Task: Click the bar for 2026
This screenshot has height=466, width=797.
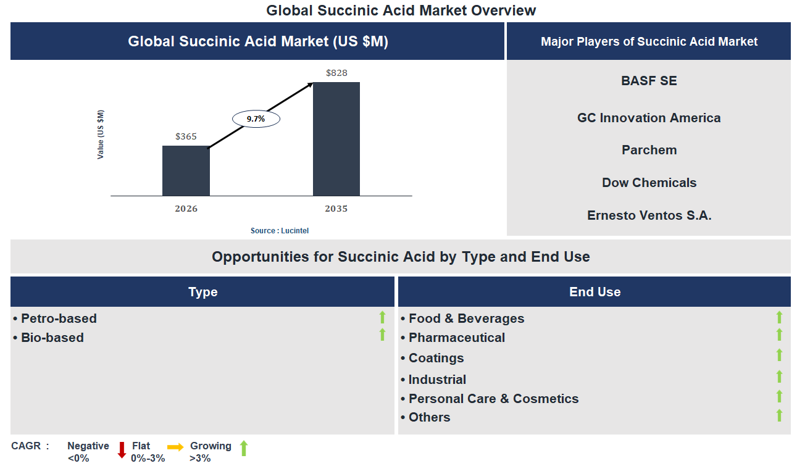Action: tap(186, 170)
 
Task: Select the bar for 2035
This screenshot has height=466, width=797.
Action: tap(336, 139)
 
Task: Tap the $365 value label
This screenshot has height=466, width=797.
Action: tap(186, 136)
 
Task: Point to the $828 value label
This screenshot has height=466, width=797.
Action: tap(336, 73)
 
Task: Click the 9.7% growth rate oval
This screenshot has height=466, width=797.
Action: tap(256, 119)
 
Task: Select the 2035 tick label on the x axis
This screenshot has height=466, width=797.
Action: tap(336, 209)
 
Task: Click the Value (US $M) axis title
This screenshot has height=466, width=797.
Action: tap(101, 135)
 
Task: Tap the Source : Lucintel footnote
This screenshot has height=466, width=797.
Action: tap(279, 230)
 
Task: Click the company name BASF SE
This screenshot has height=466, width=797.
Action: tap(649, 81)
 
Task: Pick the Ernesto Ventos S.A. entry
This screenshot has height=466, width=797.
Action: tap(649, 215)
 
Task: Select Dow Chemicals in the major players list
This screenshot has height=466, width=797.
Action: tap(649, 183)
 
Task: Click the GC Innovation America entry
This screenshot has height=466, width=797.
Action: tap(649, 118)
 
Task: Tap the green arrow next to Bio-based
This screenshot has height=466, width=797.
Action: tap(382, 335)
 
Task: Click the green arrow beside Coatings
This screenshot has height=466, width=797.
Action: tap(779, 355)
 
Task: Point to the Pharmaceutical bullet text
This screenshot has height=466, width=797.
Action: tap(456, 338)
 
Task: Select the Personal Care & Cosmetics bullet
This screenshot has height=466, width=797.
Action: tap(493, 399)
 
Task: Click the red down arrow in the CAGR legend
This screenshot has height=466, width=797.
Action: tap(122, 449)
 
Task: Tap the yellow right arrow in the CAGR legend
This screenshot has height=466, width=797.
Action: tap(175, 447)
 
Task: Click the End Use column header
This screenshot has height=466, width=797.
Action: tap(595, 292)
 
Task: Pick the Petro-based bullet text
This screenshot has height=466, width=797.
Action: tap(59, 318)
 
